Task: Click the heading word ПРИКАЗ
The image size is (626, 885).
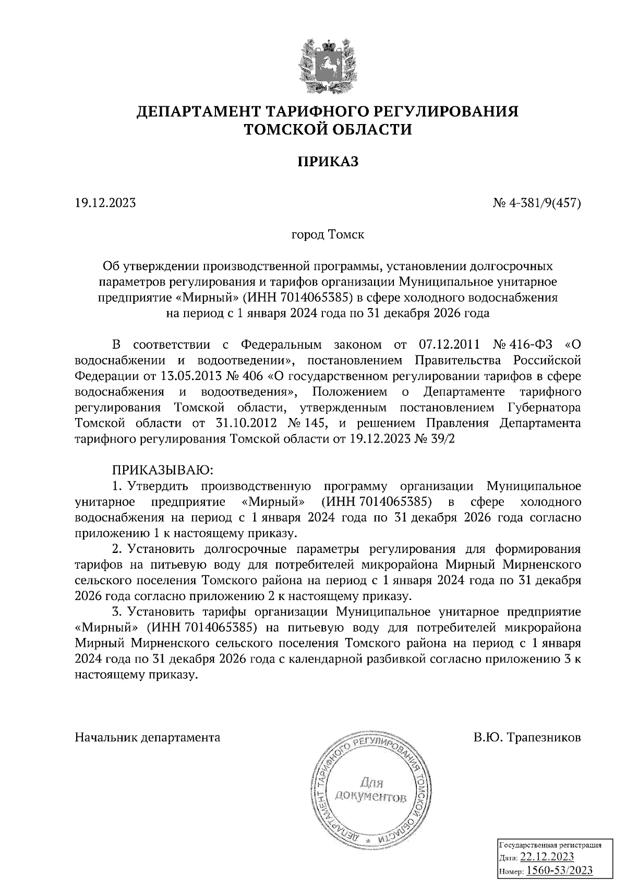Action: [x=328, y=162]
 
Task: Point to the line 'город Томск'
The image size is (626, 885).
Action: [x=328, y=235]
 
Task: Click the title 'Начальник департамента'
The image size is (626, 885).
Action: [x=148, y=737]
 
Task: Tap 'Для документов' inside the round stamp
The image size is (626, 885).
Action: [x=371, y=789]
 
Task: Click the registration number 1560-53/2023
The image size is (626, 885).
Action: [x=559, y=870]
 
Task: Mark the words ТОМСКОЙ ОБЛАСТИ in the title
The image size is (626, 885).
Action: [x=328, y=129]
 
